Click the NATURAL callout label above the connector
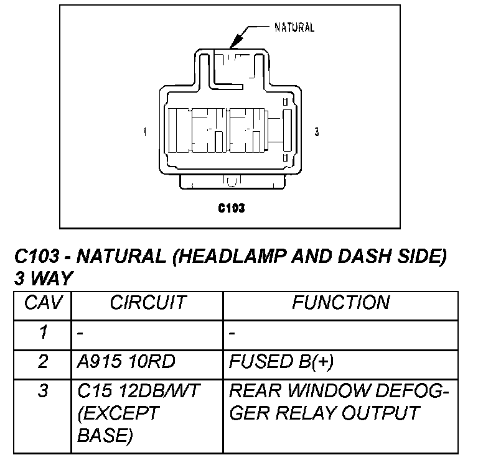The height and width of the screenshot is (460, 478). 294,27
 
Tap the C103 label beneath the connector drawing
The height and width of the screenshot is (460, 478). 231,208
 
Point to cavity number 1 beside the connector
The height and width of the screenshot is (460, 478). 144,132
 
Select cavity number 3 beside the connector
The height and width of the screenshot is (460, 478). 317,132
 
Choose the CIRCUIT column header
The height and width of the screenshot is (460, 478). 148,303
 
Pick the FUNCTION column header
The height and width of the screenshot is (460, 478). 341,303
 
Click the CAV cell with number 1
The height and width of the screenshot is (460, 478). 42,333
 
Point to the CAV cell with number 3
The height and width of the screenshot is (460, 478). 42,392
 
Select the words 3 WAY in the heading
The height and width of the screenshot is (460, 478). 42,278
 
